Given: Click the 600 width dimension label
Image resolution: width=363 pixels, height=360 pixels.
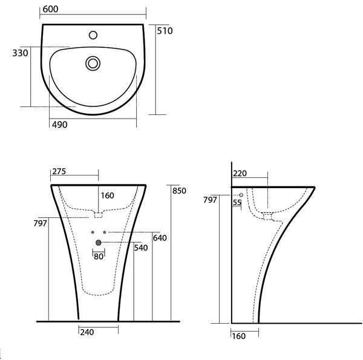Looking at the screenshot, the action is [50, 9].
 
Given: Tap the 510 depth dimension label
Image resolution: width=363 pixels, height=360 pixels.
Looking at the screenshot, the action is [165, 31].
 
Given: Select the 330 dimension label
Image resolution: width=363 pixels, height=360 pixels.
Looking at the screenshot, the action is [20, 53].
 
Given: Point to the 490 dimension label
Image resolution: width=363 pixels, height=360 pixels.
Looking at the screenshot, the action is [59, 125].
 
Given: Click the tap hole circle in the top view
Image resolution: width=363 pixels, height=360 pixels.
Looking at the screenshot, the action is [93, 35].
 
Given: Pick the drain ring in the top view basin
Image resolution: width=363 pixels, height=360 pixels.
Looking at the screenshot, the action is [93, 57].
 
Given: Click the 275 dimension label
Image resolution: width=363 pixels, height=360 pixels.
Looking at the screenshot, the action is [59, 171].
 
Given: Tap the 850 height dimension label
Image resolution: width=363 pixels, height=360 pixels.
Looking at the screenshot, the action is [179, 191].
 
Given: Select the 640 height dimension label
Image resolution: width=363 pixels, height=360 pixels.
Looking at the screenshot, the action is [160, 238].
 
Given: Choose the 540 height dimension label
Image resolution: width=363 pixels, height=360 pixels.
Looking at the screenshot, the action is [141, 248].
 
